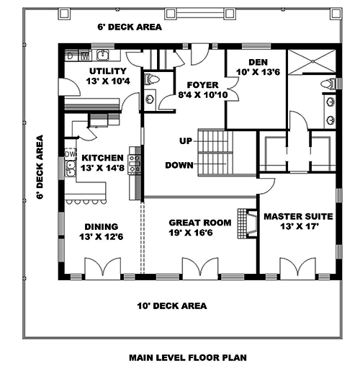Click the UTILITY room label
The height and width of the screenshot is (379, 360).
click(108, 71)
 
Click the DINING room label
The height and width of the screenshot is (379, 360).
click(99, 225)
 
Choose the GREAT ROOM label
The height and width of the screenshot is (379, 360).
click(200, 223)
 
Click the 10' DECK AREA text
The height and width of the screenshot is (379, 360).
click(171, 306)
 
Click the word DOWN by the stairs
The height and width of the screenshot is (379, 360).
click(179, 164)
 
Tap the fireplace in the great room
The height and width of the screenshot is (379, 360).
click(250, 223)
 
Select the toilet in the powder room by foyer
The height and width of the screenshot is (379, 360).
click(151, 80)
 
